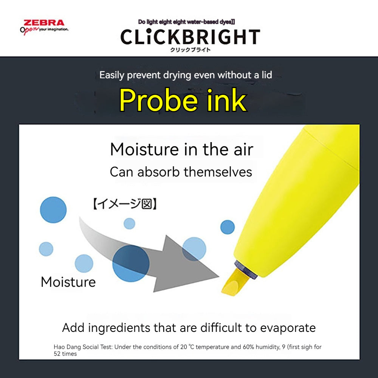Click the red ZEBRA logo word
pyautogui.click(x=44, y=23)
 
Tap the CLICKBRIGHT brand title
pyautogui.click(x=190, y=37)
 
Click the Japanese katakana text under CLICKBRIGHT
pyautogui.click(x=190, y=50)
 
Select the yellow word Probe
pyautogui.click(x=158, y=100)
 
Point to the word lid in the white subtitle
pyautogui.click(x=267, y=75)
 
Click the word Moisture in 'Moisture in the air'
pyautogui.click(x=144, y=149)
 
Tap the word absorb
pyautogui.click(x=158, y=172)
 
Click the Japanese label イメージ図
pyautogui.click(x=125, y=204)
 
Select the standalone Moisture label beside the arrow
pyautogui.click(x=68, y=282)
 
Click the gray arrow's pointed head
pyautogui.click(x=218, y=276)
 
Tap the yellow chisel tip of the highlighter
pyautogui.click(x=235, y=282)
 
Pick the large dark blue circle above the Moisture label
pyautogui.click(x=53, y=210)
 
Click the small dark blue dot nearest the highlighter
pyautogui.click(x=227, y=227)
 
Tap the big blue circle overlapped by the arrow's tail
pyautogui.click(x=131, y=263)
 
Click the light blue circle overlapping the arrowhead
pyautogui.click(x=194, y=249)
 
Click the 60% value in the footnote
pyautogui.click(x=249, y=347)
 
